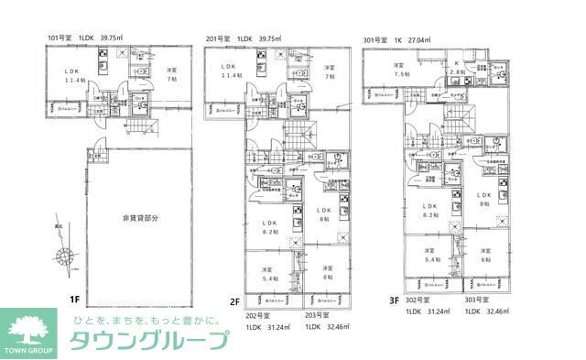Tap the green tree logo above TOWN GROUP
pos(30,326)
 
